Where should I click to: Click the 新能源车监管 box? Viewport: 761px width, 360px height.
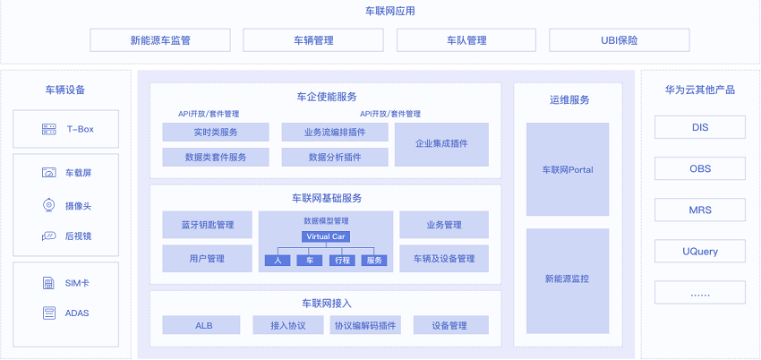click(x=160, y=40)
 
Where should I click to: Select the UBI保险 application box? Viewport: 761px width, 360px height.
click(x=620, y=40)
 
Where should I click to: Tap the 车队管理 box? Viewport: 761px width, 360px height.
click(x=466, y=40)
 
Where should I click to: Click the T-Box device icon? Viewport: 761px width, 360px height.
click(x=49, y=130)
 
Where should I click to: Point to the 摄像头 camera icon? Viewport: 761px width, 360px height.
click(x=49, y=206)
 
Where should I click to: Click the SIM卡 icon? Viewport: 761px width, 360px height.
click(x=48, y=284)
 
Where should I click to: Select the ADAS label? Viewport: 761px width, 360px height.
click(x=77, y=313)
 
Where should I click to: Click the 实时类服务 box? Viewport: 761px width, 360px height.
click(x=216, y=133)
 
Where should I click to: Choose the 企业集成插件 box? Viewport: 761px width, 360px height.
click(x=441, y=144)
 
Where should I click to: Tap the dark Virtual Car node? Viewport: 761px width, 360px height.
click(x=326, y=236)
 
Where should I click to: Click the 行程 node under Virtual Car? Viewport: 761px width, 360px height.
click(x=341, y=261)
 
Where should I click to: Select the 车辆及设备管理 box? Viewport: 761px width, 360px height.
click(x=444, y=259)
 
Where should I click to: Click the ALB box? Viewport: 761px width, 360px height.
click(x=204, y=325)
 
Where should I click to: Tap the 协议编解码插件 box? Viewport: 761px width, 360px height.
click(x=365, y=325)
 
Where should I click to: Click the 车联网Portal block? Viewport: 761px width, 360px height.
click(x=568, y=169)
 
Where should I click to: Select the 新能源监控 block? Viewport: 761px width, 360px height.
click(x=568, y=279)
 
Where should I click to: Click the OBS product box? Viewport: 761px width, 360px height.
click(x=699, y=168)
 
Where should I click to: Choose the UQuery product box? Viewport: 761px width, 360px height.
click(x=699, y=252)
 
